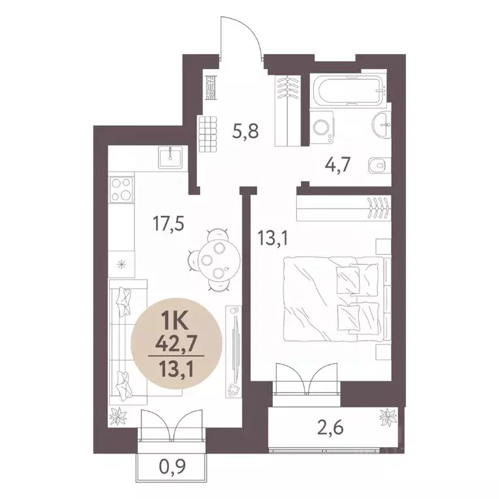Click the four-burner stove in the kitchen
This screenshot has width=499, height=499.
click(121, 190)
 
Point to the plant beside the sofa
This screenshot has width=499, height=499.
click(120, 414)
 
